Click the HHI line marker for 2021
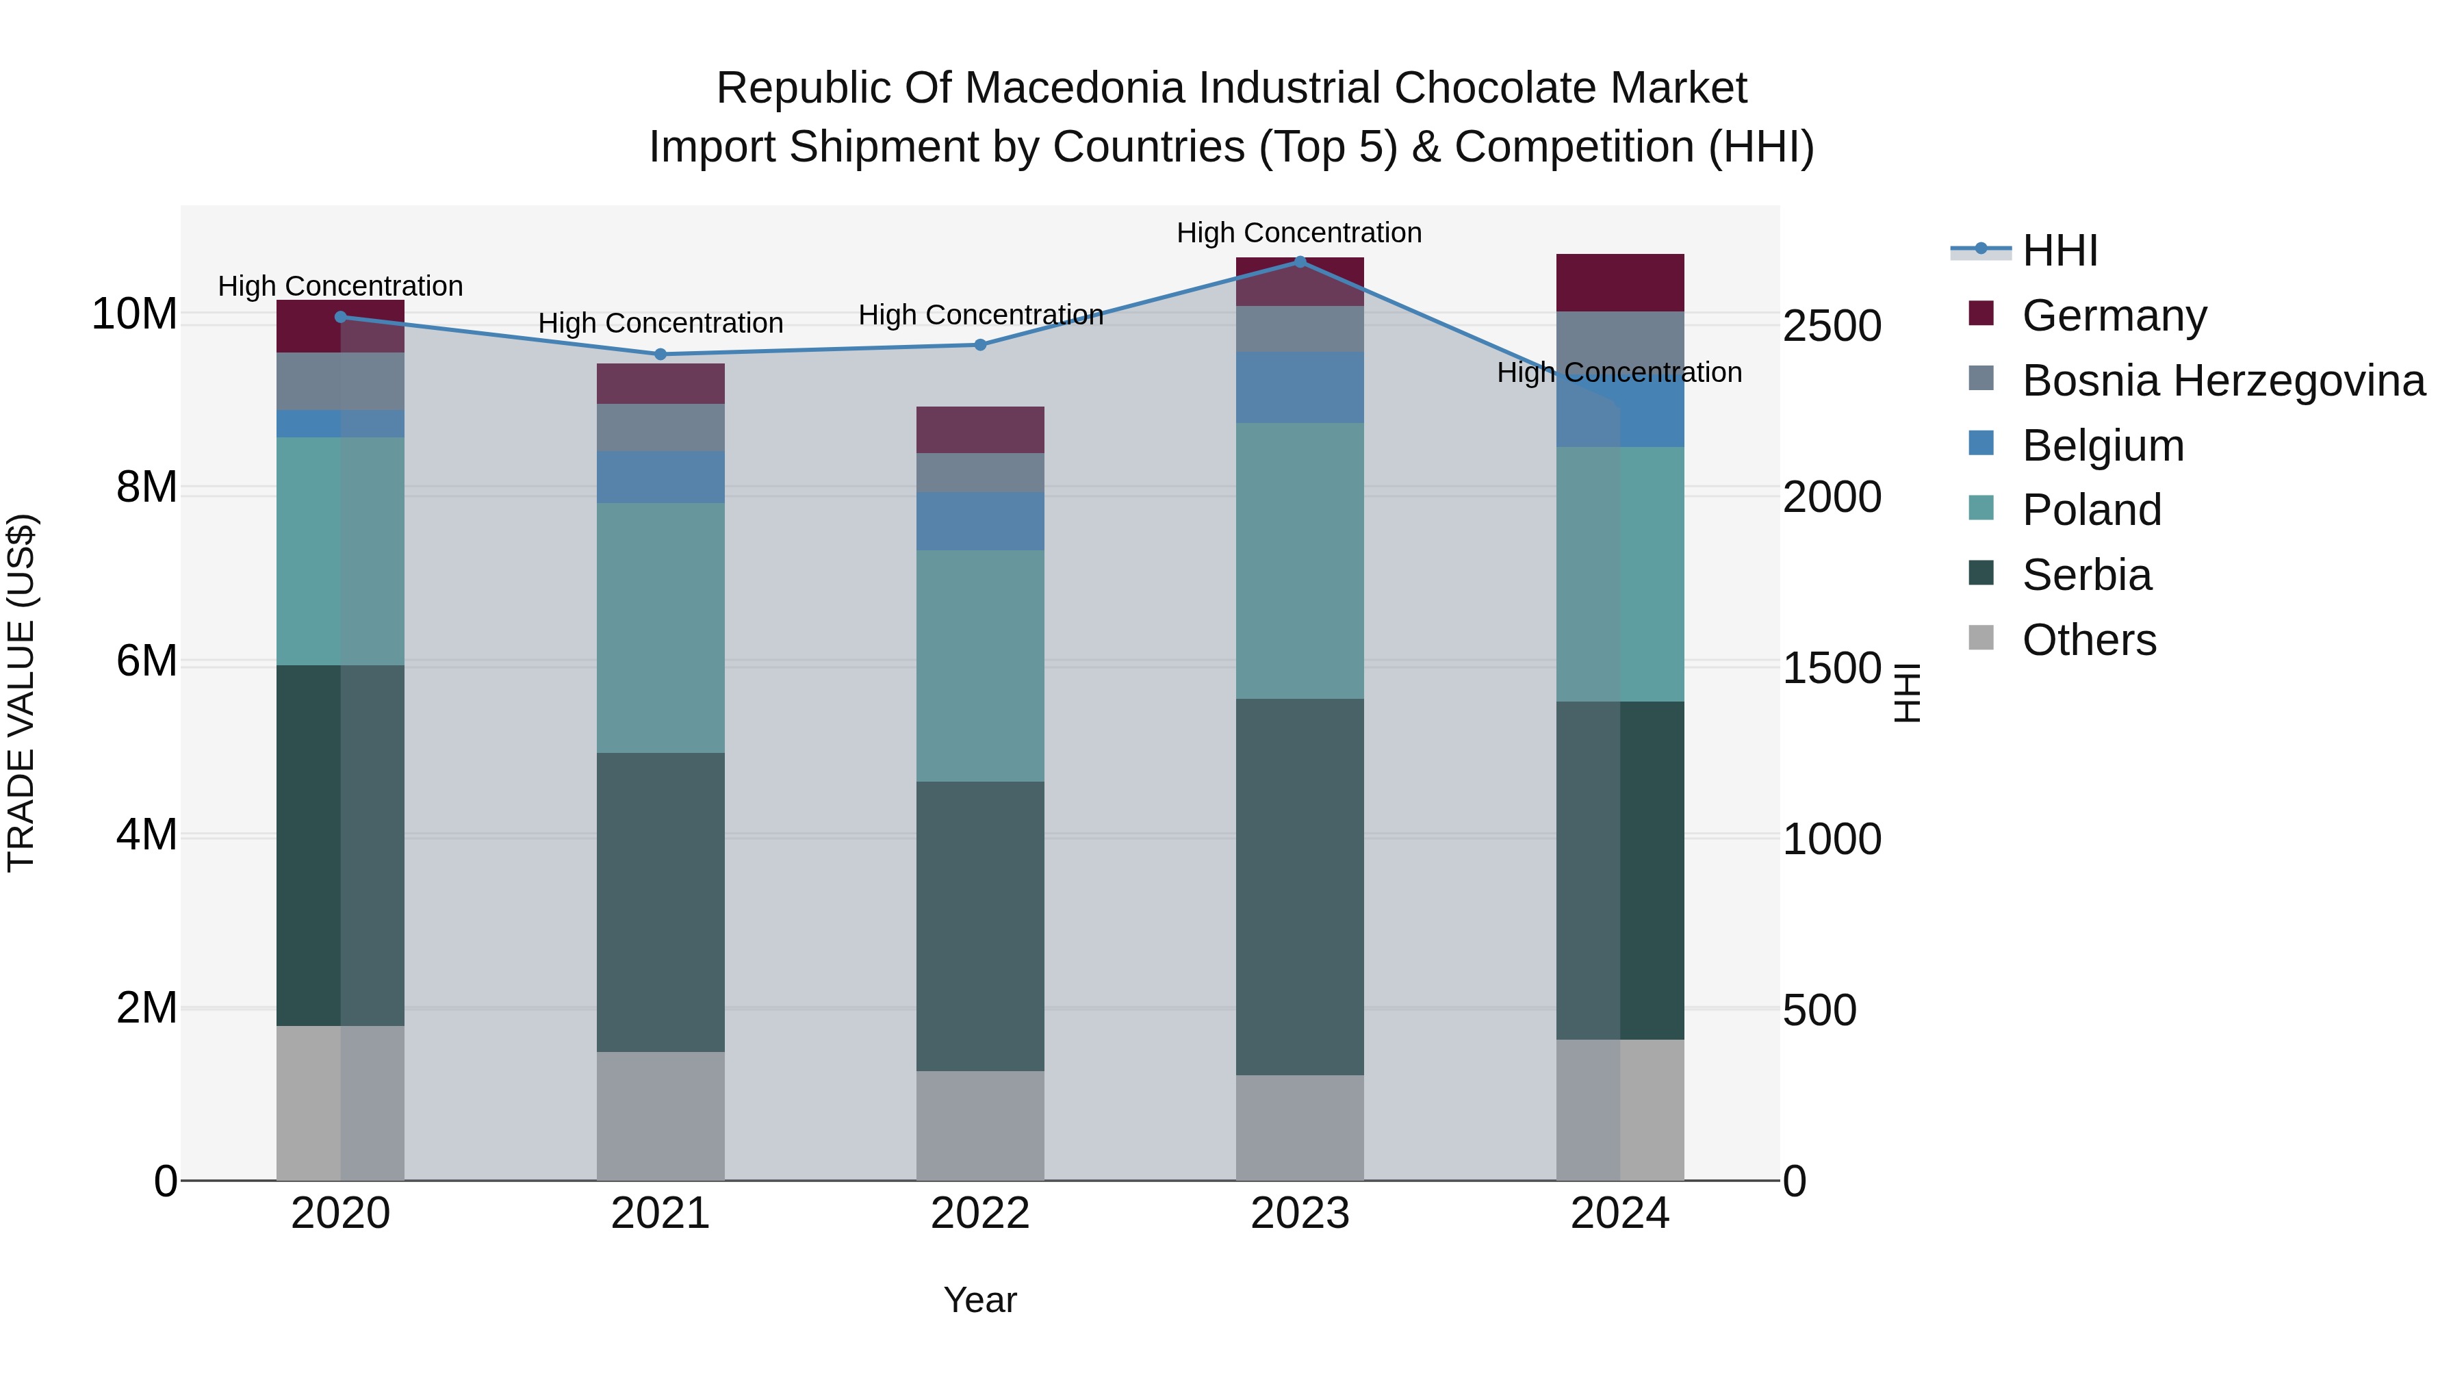pos(660,354)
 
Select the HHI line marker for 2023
pos(1300,261)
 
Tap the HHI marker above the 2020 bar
pos(341,317)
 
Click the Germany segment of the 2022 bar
pos(980,429)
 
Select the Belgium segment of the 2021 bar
pos(660,476)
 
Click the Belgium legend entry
pos(2103,446)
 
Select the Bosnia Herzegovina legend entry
pos(2222,381)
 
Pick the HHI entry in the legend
pos(2059,251)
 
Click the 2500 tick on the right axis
pos(1832,326)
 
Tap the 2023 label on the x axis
pos(1300,1214)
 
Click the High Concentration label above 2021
pos(660,323)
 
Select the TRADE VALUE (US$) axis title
pos(21,693)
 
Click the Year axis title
pos(979,1300)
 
